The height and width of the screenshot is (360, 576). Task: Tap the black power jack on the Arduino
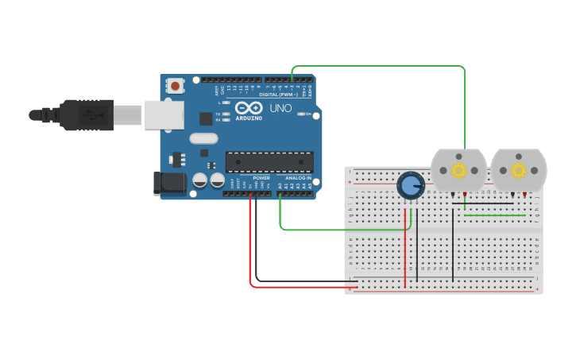[x=169, y=184]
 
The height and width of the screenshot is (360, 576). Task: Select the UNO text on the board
[x=280, y=108]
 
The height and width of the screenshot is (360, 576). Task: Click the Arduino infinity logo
[x=248, y=108]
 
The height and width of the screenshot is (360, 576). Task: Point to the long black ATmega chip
[x=269, y=161]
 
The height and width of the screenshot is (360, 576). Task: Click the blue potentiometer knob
[x=410, y=186]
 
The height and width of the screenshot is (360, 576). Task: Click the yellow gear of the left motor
[x=458, y=170]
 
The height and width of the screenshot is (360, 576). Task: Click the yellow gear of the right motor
[x=519, y=170]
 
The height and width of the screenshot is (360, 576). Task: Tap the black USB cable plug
[x=87, y=115]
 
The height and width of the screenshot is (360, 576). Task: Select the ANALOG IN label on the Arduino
[x=298, y=178]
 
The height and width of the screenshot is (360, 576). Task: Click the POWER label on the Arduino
[x=261, y=178]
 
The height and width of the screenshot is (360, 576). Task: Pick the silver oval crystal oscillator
[x=203, y=137]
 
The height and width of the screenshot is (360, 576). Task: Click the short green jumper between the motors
[x=494, y=215]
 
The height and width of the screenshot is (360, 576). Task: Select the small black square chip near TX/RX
[x=206, y=118]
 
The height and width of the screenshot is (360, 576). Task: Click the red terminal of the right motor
[x=524, y=195]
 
